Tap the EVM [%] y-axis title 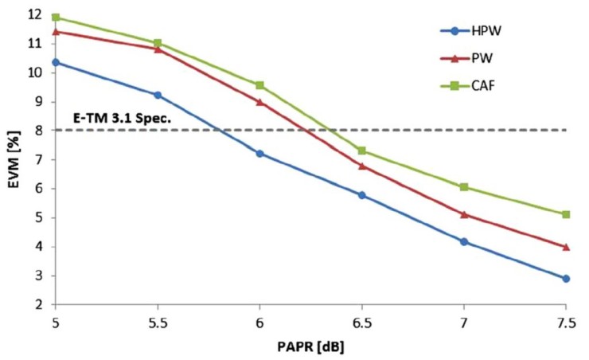pyautogui.click(x=11, y=158)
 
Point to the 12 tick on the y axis pyautogui.click(x=35, y=14)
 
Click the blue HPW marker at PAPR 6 pyautogui.click(x=259, y=153)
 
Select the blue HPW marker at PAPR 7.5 pyautogui.click(x=566, y=279)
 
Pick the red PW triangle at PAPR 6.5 pyautogui.click(x=361, y=166)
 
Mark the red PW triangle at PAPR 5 pyautogui.click(x=56, y=32)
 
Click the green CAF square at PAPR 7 pyautogui.click(x=463, y=187)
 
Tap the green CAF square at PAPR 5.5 pyautogui.click(x=158, y=43)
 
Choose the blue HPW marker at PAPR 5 pyautogui.click(x=56, y=62)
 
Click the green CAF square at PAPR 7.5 pyautogui.click(x=566, y=214)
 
